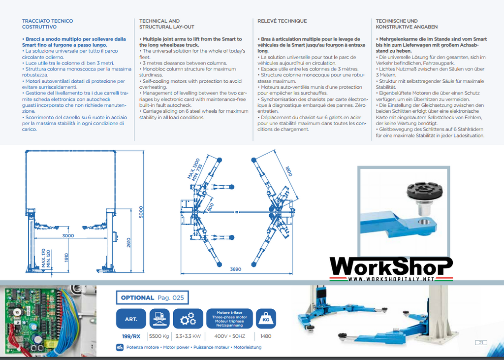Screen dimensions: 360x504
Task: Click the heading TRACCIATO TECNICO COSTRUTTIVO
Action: point(47,24)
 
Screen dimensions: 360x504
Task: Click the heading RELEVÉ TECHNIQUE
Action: point(282,21)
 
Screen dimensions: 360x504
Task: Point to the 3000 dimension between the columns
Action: point(68,236)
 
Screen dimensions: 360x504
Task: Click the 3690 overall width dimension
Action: point(236,269)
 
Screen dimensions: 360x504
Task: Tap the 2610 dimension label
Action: point(129,242)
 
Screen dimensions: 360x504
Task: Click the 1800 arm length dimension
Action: point(288,171)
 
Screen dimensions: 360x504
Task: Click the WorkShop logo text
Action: point(391,266)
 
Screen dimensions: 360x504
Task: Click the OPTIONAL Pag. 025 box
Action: point(152,297)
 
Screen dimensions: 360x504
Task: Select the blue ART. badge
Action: point(131,319)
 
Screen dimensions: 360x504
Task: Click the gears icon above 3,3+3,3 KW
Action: point(188,319)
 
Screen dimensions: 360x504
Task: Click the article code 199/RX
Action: point(131,336)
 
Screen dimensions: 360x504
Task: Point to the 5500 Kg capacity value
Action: point(159,336)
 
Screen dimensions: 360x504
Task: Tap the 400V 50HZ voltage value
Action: point(230,336)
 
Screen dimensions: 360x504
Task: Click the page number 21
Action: point(480,342)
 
